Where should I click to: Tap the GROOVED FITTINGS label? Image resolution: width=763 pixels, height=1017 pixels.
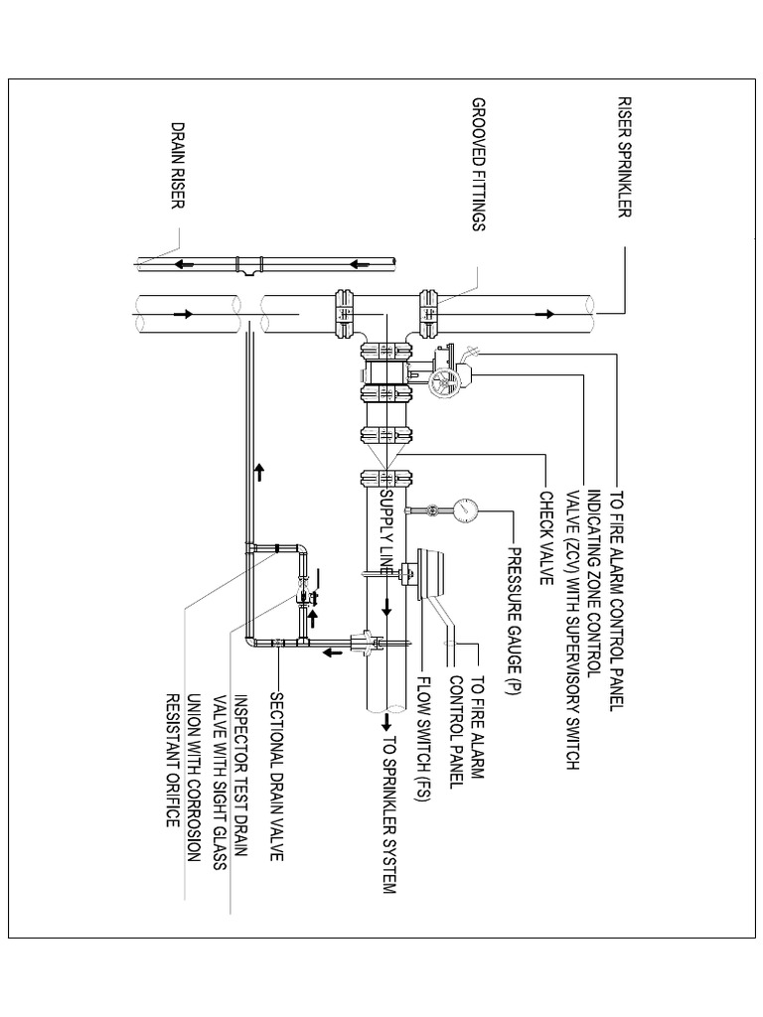[478, 164]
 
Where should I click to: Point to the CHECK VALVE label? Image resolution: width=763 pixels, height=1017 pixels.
[544, 539]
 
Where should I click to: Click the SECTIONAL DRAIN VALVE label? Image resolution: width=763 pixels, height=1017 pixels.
[277, 763]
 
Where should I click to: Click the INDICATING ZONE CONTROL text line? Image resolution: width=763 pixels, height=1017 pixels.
[593, 584]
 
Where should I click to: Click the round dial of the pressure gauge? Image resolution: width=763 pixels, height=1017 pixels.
[465, 510]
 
